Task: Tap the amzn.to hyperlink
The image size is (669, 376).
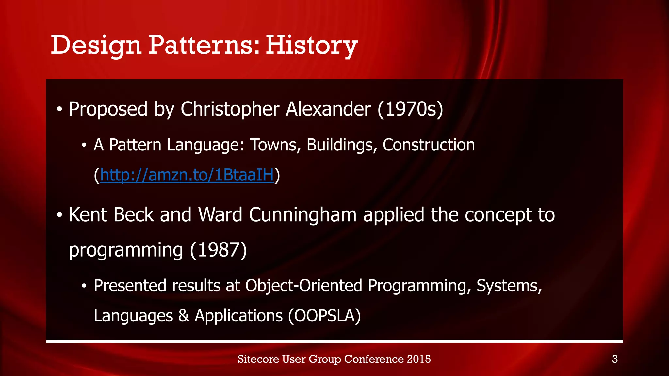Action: tap(187, 175)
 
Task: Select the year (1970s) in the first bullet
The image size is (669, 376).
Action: tap(410, 109)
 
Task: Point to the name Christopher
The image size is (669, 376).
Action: tap(230, 109)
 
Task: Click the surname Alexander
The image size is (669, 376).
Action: tap(328, 109)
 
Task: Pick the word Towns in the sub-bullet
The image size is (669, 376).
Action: tap(275, 145)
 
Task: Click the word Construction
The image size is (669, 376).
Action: tap(428, 145)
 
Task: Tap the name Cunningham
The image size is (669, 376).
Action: tap(302, 215)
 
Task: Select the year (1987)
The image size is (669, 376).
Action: tap(218, 250)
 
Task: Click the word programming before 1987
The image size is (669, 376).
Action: tap(126, 250)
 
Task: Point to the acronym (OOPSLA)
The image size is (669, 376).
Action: tap(324, 316)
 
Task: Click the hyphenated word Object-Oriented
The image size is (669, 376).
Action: tap(303, 286)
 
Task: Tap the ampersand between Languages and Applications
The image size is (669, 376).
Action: tap(184, 316)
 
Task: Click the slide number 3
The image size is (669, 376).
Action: tap(615, 359)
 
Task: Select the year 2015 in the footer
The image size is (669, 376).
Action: tap(419, 359)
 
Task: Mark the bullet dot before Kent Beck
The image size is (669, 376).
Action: tap(59, 215)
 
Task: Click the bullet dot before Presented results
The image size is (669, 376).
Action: tap(84, 286)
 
